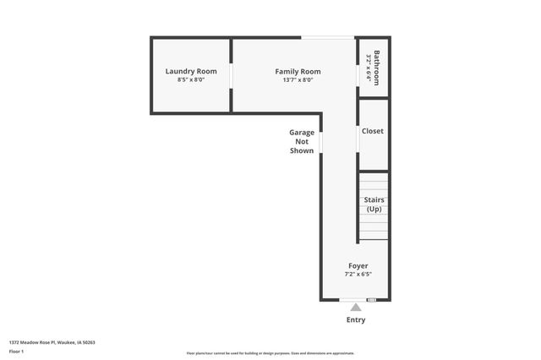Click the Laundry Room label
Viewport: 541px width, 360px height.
[191, 71]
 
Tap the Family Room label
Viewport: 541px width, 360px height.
[298, 71]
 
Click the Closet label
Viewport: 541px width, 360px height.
[373, 131]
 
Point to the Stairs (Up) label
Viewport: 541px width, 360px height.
[374, 205]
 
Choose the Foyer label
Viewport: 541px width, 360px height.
[358, 266]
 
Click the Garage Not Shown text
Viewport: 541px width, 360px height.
[302, 141]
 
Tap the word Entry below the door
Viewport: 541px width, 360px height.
[357, 320]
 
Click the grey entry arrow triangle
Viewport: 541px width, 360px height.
[356, 308]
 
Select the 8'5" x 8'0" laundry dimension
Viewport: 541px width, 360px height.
[191, 80]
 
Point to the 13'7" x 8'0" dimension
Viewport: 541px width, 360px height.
[298, 80]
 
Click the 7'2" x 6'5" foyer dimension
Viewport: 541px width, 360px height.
[358, 275]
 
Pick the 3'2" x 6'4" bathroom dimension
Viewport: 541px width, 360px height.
[369, 68]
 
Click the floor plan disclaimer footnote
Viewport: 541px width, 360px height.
[270, 353]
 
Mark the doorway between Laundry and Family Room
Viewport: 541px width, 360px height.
[232, 74]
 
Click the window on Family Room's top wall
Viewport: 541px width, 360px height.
[328, 37]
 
